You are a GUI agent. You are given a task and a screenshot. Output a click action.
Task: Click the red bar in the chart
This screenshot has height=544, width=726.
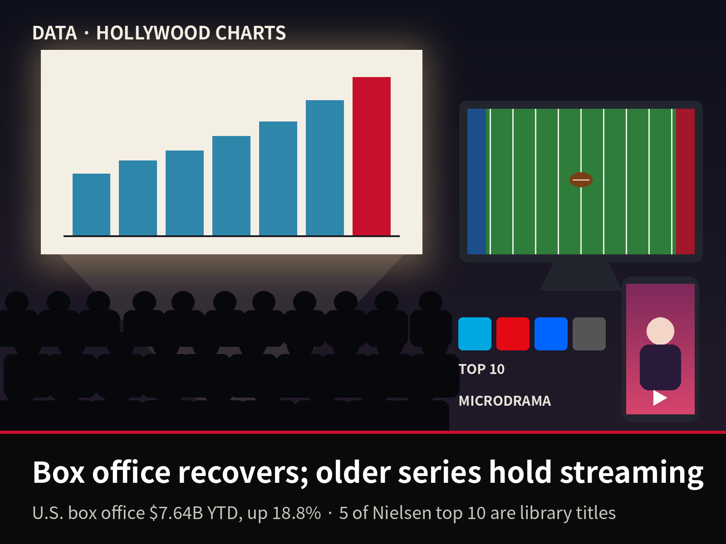point(372,156)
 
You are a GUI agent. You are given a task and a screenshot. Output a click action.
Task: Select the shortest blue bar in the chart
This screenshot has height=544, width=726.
point(91,204)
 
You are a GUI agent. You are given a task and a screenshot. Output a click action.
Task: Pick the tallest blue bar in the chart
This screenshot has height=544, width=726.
point(325,168)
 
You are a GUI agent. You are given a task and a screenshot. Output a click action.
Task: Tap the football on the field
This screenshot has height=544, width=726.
point(581,180)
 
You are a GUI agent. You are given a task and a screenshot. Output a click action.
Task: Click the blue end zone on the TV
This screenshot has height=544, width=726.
point(476,181)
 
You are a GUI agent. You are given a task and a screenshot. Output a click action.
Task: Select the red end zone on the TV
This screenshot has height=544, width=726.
point(685,181)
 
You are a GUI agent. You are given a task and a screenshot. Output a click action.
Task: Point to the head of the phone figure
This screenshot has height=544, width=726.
point(660,331)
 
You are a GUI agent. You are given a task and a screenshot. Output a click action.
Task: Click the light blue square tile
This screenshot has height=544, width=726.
point(475,334)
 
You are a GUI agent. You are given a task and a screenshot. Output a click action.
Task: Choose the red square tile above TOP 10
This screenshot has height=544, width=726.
point(513,334)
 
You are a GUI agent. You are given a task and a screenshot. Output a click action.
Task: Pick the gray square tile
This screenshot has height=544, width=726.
point(589,334)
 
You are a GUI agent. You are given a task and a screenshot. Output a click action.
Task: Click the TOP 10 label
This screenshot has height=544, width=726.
point(481,369)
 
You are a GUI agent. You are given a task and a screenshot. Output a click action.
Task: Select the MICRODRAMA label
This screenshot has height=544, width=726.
point(505,401)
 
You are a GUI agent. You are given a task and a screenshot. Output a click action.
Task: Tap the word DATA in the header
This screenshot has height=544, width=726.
point(54,33)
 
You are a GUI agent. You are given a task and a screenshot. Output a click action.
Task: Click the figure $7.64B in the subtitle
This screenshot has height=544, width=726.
point(177,513)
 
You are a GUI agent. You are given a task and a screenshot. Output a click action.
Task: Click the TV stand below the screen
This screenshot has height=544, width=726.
point(581,277)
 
